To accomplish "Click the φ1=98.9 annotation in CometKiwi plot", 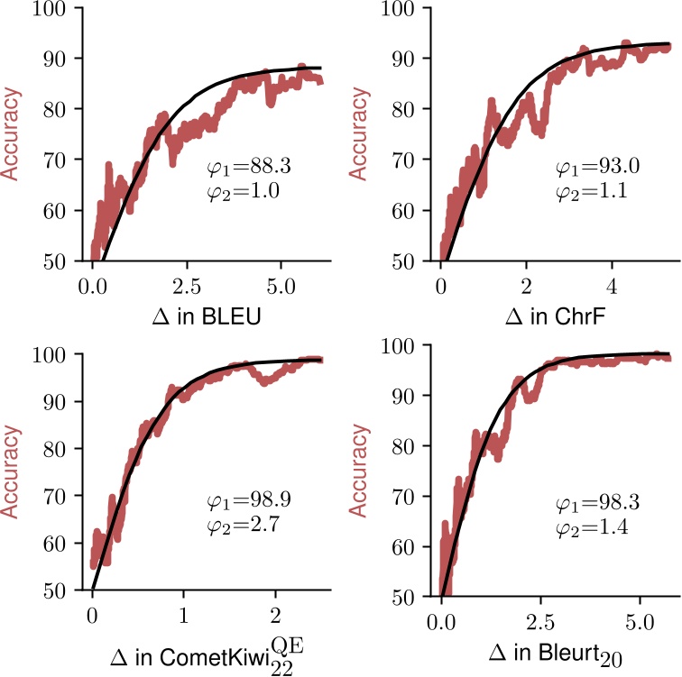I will click(239, 499).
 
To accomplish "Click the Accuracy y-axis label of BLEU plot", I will click(18, 134).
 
